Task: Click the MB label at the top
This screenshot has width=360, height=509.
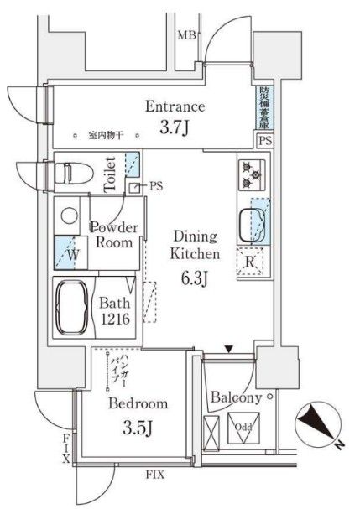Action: pos(185,34)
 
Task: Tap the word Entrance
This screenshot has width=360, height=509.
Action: pos(175,106)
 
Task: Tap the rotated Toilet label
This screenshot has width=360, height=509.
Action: pos(109,176)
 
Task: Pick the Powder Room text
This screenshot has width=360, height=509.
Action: pos(113,235)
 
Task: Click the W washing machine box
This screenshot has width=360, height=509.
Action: pos(68,251)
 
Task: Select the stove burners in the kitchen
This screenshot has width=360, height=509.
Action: pos(250,175)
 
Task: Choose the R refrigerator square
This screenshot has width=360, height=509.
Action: pos(250,262)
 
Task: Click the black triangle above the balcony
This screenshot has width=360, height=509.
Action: pos(227,347)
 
